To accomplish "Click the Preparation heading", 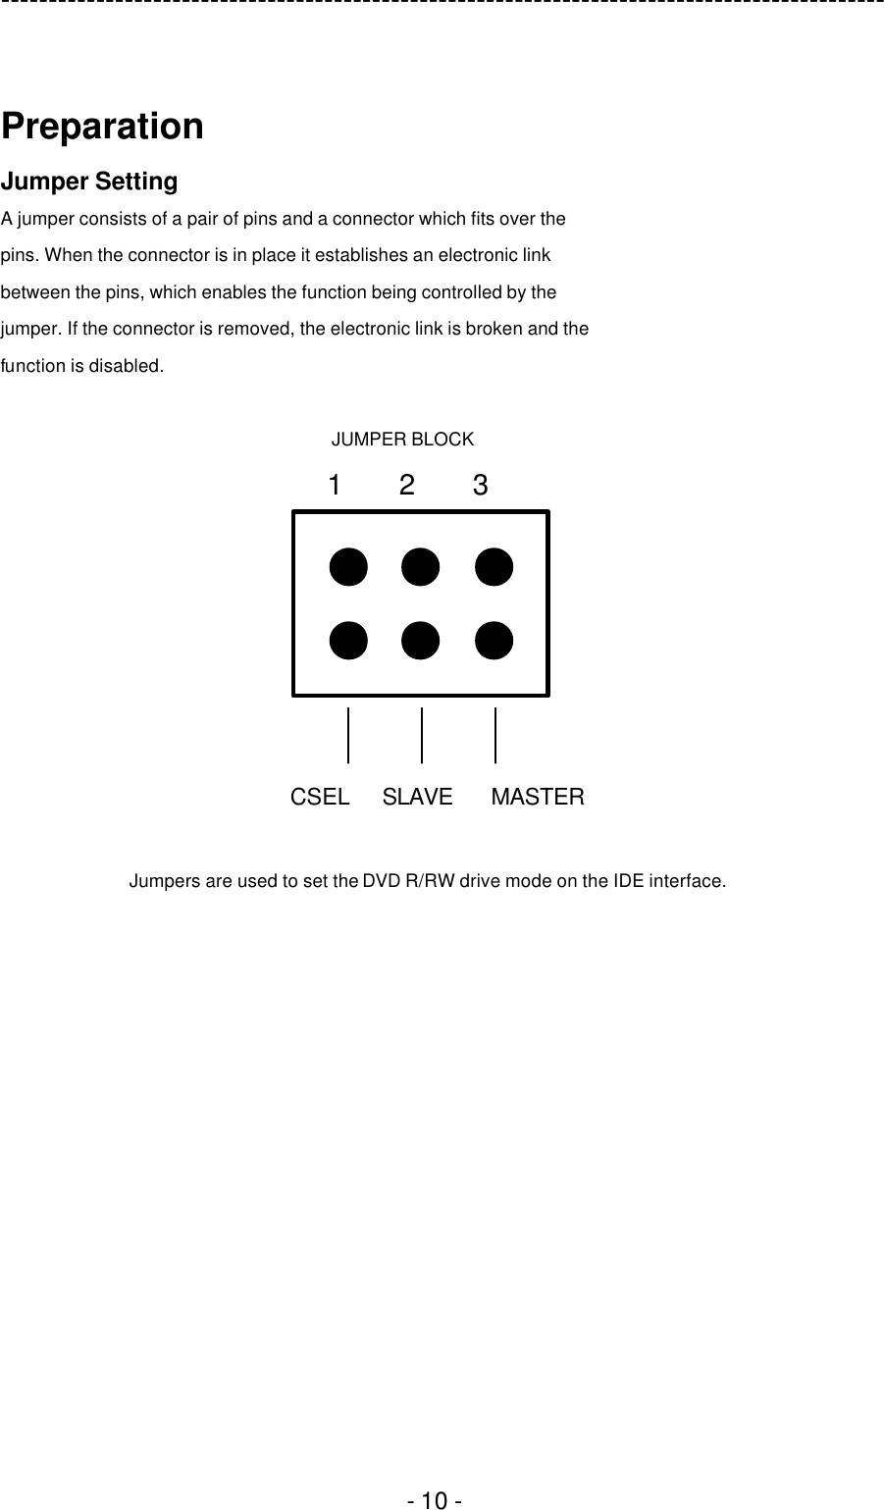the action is (x=102, y=127).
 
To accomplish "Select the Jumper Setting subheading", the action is (x=89, y=182).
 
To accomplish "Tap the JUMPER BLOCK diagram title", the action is (x=402, y=440).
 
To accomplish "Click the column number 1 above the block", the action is (x=335, y=485).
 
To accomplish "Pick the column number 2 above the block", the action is (x=407, y=485).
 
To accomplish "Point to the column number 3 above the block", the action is (x=480, y=485).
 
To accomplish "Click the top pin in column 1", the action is (x=348, y=567).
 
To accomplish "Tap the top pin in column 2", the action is (x=421, y=567).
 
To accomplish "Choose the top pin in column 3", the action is (x=494, y=567).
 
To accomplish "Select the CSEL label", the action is (x=320, y=797).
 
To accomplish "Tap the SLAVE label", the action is (x=418, y=797).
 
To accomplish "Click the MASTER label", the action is (x=538, y=797).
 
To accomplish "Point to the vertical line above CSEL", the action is (x=348, y=735).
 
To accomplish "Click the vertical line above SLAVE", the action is (x=422, y=735).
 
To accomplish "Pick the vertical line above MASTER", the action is (x=495, y=735).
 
